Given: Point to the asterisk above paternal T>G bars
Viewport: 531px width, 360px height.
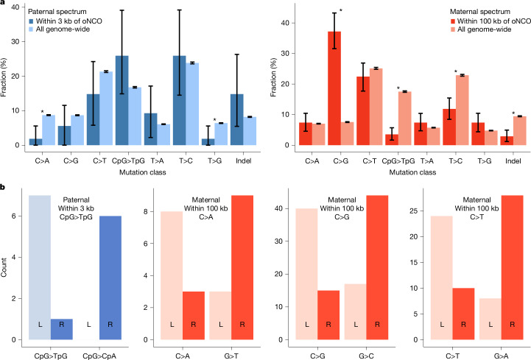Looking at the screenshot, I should tap(214, 121).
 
